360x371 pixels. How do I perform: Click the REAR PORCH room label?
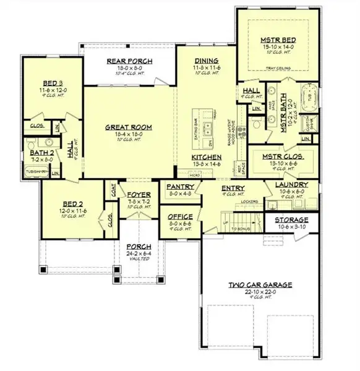(129, 60)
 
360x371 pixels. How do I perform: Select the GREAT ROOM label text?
(129, 127)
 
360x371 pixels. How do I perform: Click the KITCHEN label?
(206, 158)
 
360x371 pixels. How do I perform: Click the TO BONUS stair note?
(242, 228)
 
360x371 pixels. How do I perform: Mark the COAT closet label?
(114, 190)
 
